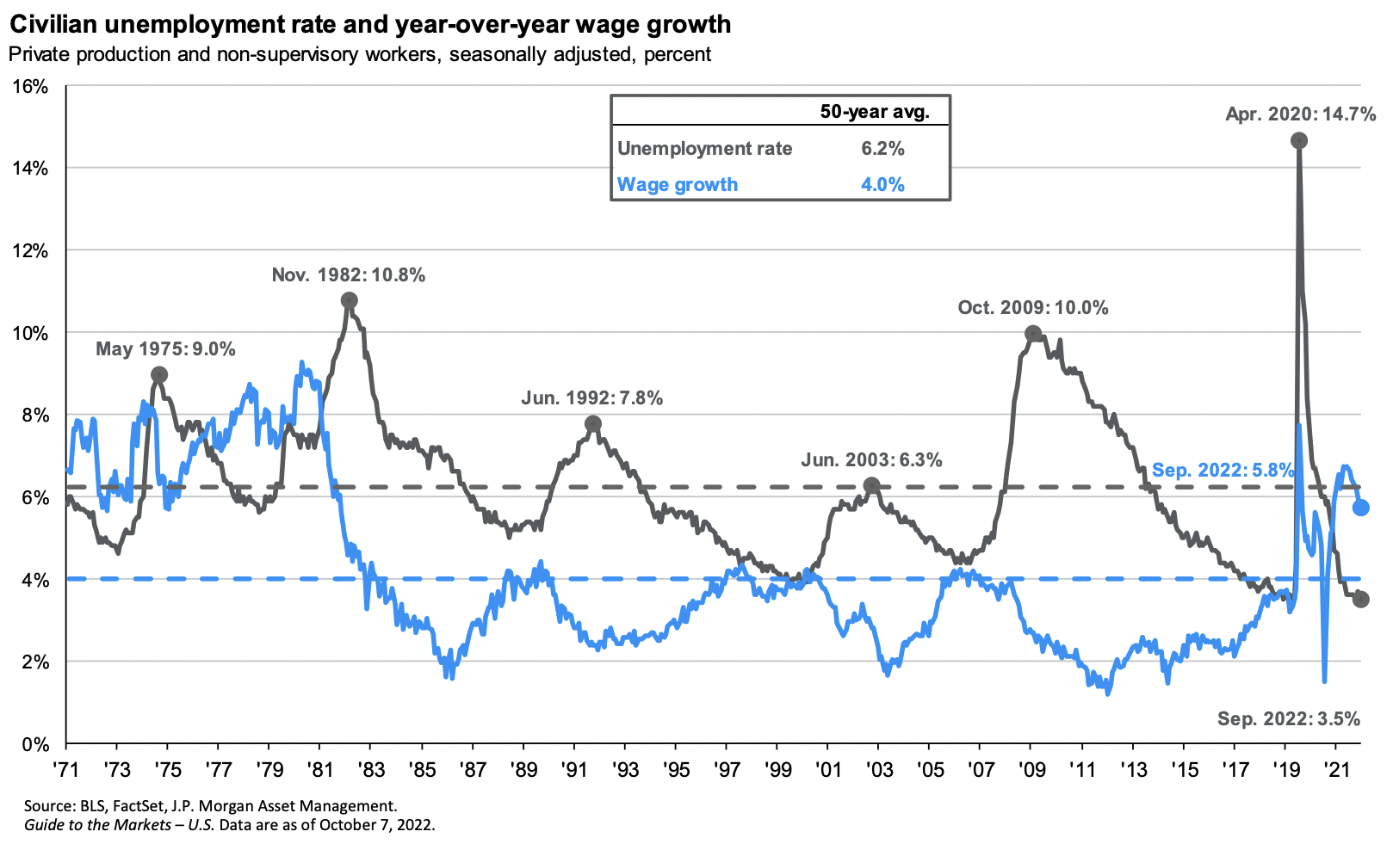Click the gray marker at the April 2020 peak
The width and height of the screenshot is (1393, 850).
point(1299,140)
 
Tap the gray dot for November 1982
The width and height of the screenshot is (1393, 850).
point(349,300)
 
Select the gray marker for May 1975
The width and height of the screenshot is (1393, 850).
point(159,374)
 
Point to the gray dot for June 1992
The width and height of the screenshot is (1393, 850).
point(592,423)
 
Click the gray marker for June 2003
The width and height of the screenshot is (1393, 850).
point(871,485)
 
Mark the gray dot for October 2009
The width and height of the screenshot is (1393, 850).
point(1033,333)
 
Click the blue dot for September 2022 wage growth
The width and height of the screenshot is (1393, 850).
point(1360,508)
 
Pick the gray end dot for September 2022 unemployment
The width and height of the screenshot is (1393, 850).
point(1360,600)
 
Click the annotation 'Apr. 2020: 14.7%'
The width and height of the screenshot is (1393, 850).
point(1300,114)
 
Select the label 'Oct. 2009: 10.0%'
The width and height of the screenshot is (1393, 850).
point(1033,307)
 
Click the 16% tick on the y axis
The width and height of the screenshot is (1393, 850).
point(29,87)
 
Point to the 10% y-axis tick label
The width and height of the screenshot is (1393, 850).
point(29,334)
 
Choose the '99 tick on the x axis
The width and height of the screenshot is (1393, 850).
point(777,767)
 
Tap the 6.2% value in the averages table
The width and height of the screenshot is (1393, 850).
point(882,149)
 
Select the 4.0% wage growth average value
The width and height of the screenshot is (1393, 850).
point(882,184)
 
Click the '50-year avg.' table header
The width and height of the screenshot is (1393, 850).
point(874,112)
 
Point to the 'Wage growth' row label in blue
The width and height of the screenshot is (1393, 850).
point(678,184)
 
